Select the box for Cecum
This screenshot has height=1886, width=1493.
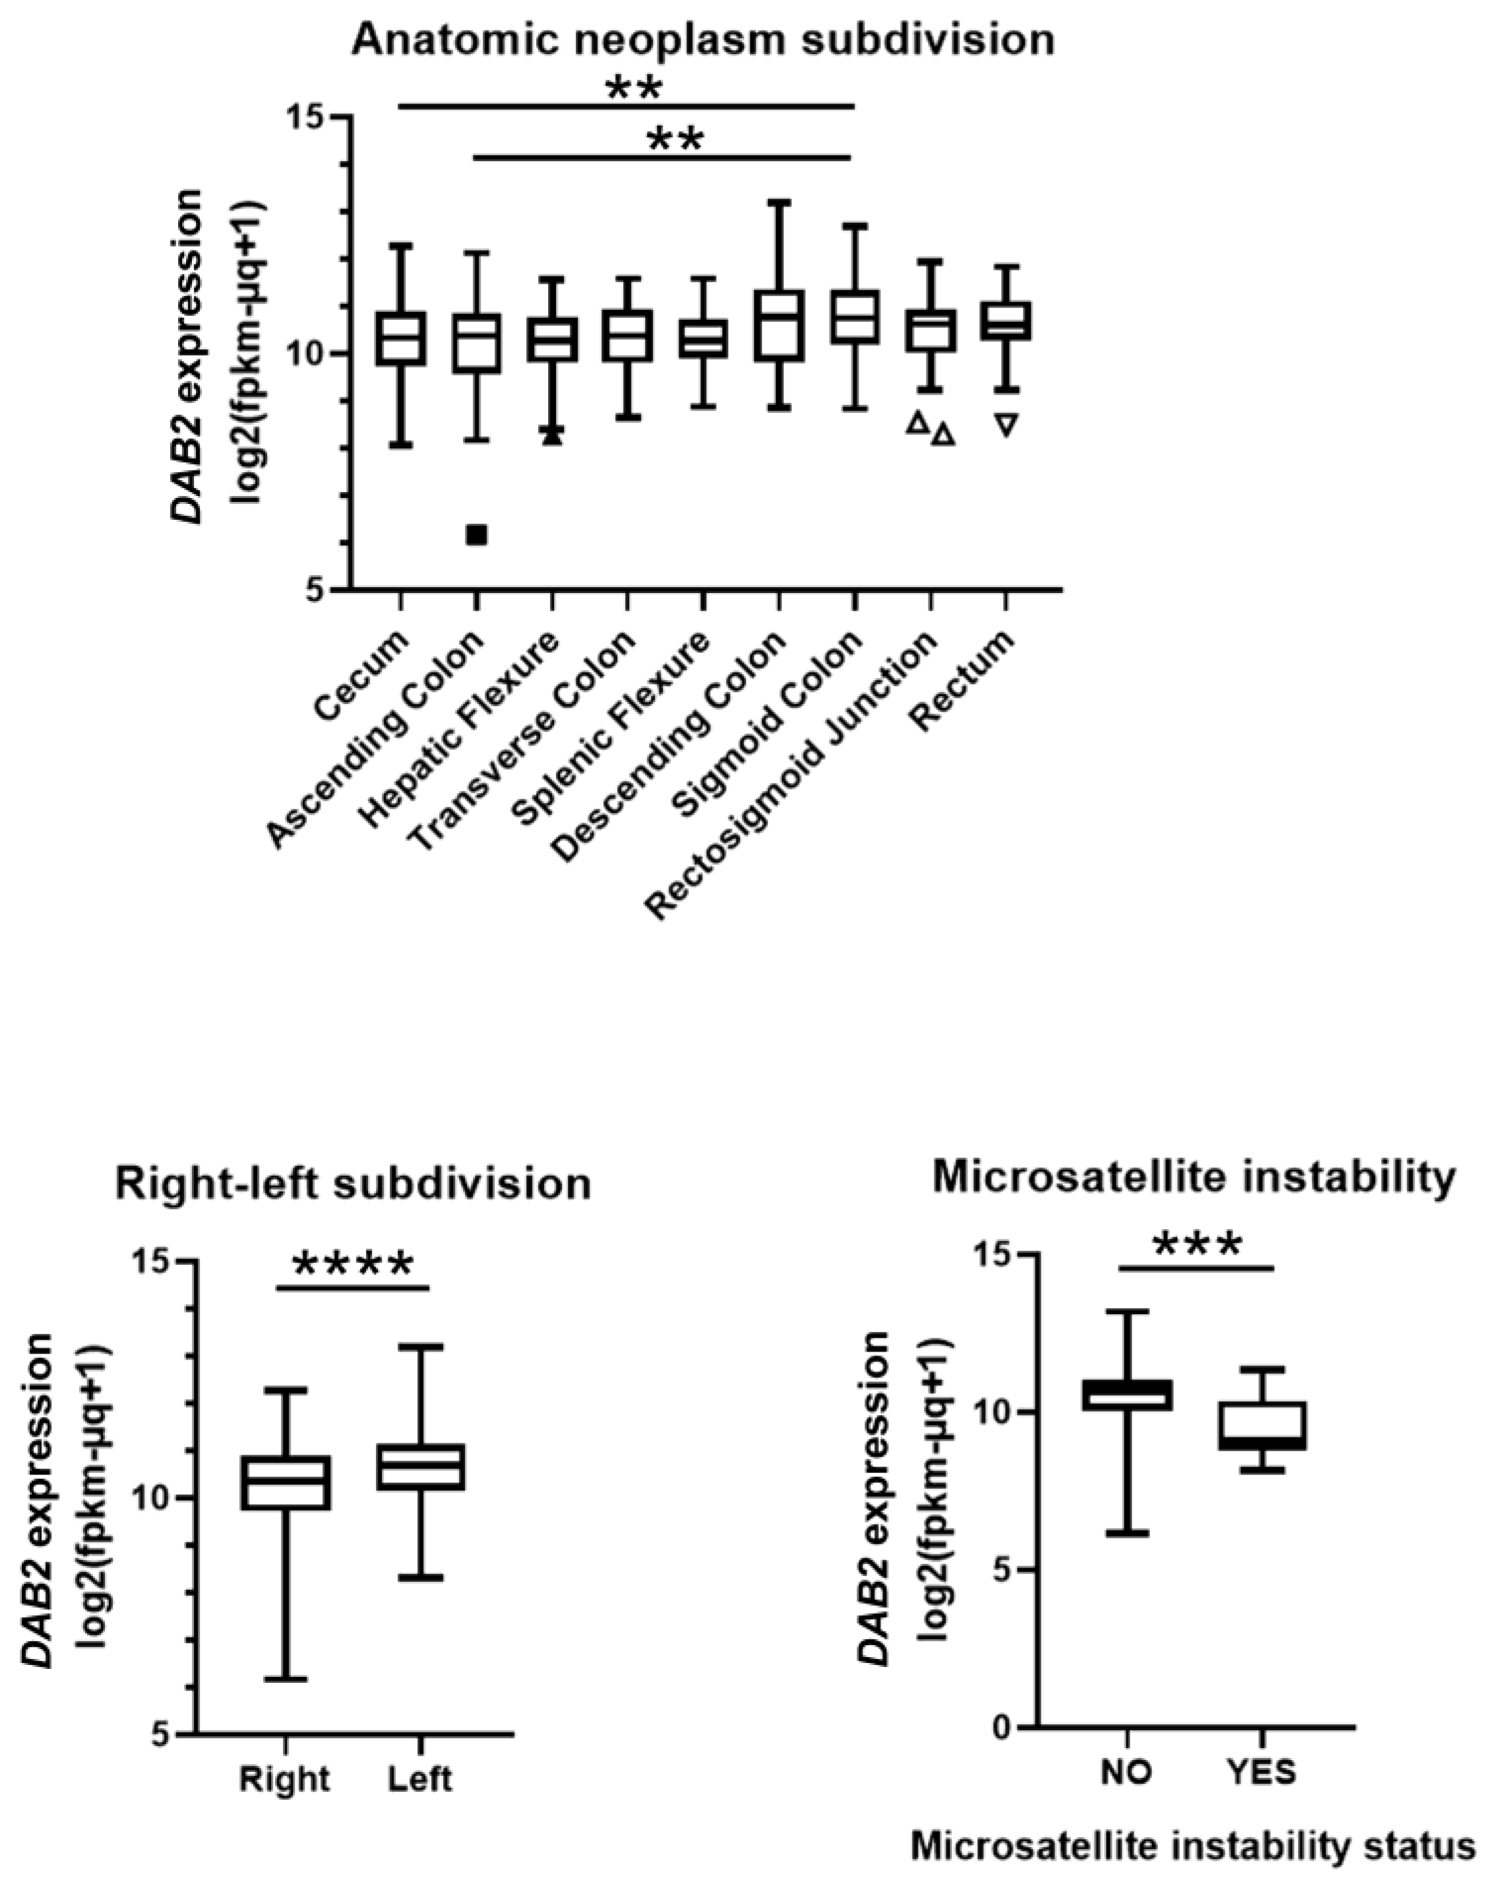click(400, 338)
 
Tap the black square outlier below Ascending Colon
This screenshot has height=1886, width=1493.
click(476, 534)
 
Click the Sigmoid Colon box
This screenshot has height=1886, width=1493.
click(855, 317)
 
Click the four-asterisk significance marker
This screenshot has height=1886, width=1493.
click(351, 1265)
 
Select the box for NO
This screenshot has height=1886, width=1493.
click(1128, 1395)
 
